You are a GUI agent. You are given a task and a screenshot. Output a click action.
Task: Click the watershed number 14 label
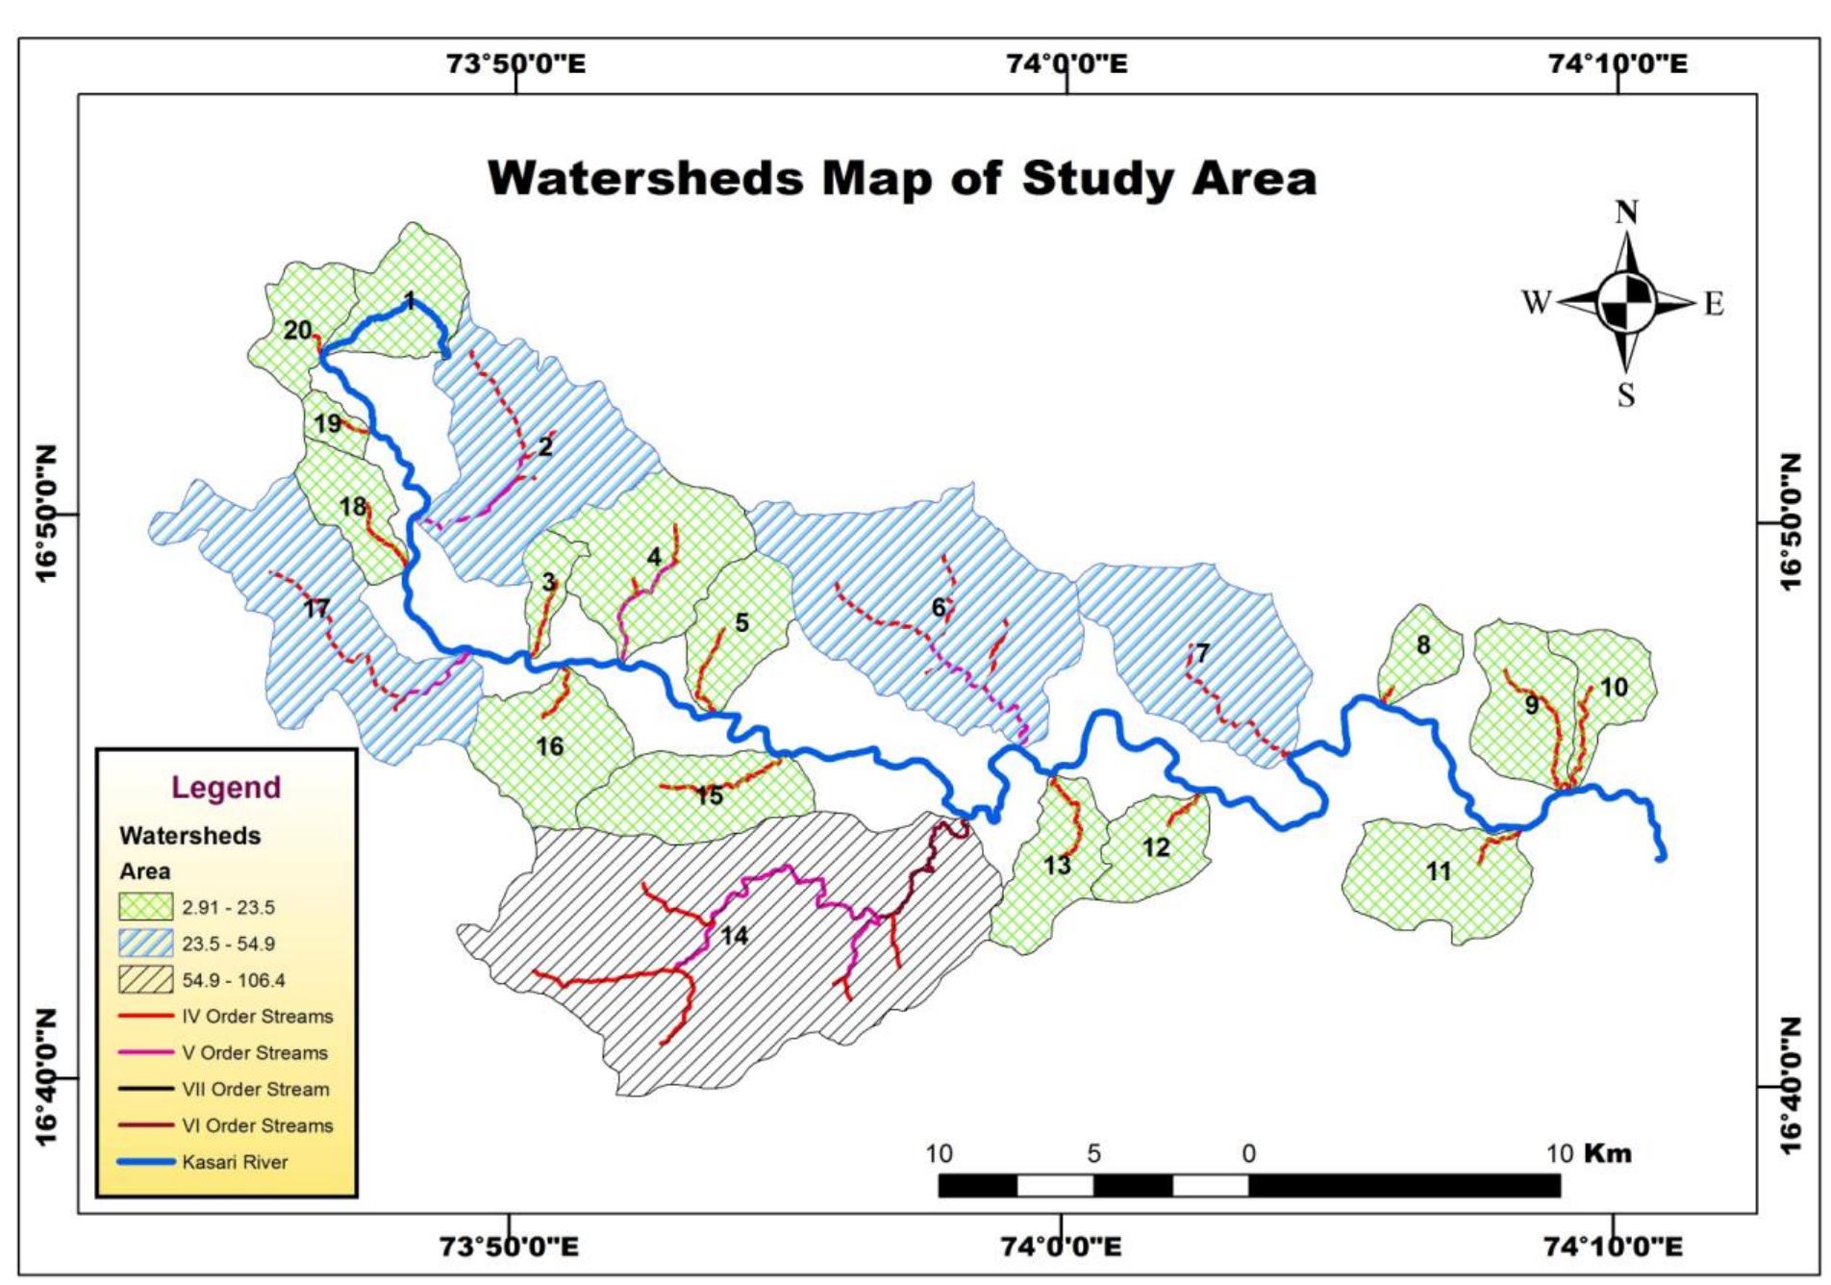click(734, 935)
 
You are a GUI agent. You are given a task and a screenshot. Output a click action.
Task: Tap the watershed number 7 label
click(1202, 653)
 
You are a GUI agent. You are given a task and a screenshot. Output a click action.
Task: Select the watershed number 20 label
click(297, 330)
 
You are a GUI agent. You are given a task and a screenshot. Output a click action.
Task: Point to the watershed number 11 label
click(1439, 871)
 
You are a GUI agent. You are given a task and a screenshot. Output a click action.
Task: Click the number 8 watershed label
click(1423, 645)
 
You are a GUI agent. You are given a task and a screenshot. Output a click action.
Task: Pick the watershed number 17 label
click(315, 608)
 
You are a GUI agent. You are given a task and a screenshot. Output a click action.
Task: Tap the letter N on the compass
click(1626, 212)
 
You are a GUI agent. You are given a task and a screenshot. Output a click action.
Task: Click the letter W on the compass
click(1536, 303)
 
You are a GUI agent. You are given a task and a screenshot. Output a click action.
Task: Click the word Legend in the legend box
click(226, 787)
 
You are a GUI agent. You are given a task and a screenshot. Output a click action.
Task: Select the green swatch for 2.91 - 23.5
click(145, 907)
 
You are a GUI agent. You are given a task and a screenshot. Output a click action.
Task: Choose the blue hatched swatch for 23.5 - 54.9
click(145, 944)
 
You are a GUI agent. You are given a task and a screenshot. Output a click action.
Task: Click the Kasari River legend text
click(235, 1162)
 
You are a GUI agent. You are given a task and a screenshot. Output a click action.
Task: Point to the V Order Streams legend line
click(145, 1052)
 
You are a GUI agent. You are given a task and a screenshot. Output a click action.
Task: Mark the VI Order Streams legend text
click(257, 1125)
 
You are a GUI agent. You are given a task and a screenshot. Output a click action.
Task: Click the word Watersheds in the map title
click(644, 179)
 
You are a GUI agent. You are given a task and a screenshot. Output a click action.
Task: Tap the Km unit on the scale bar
click(1607, 1152)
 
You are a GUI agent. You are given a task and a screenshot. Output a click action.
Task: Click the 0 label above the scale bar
click(1248, 1152)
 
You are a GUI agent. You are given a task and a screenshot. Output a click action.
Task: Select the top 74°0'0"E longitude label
click(1066, 63)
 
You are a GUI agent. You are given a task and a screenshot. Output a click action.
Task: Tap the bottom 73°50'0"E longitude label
click(509, 1247)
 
